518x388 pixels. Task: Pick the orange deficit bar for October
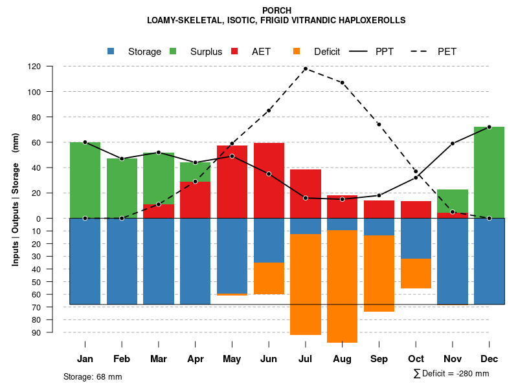pyautogui.click(x=416, y=274)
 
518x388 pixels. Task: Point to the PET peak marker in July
pyautogui.click(x=306, y=69)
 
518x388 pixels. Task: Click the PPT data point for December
pyautogui.click(x=489, y=127)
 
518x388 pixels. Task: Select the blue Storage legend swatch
pyautogui.click(x=111, y=51)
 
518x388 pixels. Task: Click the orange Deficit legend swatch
pyautogui.click(x=297, y=51)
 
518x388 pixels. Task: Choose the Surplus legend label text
pyautogui.click(x=206, y=52)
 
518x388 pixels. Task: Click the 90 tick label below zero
pyautogui.click(x=54, y=332)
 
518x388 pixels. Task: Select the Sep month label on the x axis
pyautogui.click(x=379, y=359)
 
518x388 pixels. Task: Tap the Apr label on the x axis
pyautogui.click(x=195, y=359)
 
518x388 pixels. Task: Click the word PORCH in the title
pyautogui.click(x=276, y=10)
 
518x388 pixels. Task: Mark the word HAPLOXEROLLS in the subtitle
pyautogui.click(x=368, y=20)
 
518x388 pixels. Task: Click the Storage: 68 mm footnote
pyautogui.click(x=93, y=376)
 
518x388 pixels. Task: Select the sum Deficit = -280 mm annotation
pyautogui.click(x=451, y=374)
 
